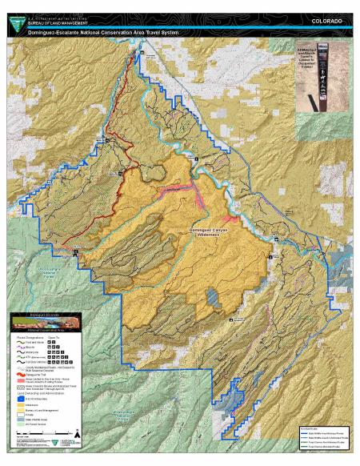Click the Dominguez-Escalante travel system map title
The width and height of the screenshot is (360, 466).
point(95,33)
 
